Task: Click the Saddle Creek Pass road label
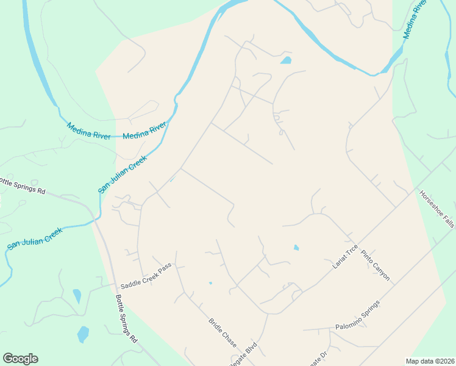[x=146, y=276]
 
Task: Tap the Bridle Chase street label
[x=222, y=332]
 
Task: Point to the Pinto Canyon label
[x=375, y=265]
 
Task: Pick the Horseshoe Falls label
[x=436, y=209]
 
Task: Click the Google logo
[x=20, y=359]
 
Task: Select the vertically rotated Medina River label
[x=413, y=20]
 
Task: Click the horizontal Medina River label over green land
[x=89, y=131]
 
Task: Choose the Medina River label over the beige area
[x=144, y=131]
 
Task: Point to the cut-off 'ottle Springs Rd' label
[x=23, y=185]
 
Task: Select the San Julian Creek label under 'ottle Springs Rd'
[x=35, y=238]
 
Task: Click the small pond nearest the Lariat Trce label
[x=296, y=248]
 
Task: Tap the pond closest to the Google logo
[x=83, y=334]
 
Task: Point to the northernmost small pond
[x=285, y=60]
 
